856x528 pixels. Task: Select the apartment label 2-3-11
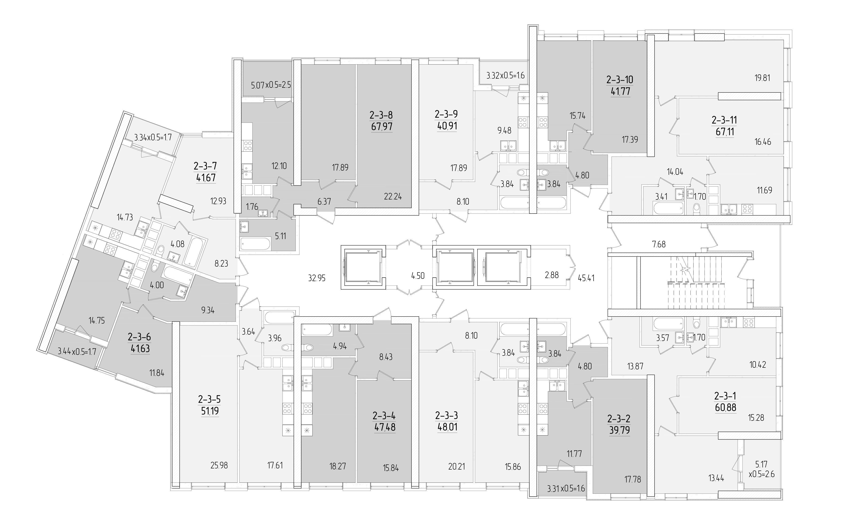[724, 120]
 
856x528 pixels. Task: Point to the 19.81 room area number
[762, 78]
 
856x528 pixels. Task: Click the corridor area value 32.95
[317, 278]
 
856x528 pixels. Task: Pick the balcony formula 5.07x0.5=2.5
[271, 85]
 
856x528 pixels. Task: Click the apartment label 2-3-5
[209, 399]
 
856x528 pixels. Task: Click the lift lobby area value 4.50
[418, 275]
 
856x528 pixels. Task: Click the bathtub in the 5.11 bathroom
[255, 243]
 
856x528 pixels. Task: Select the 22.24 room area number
[393, 197]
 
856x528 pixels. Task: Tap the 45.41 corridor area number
[586, 278]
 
